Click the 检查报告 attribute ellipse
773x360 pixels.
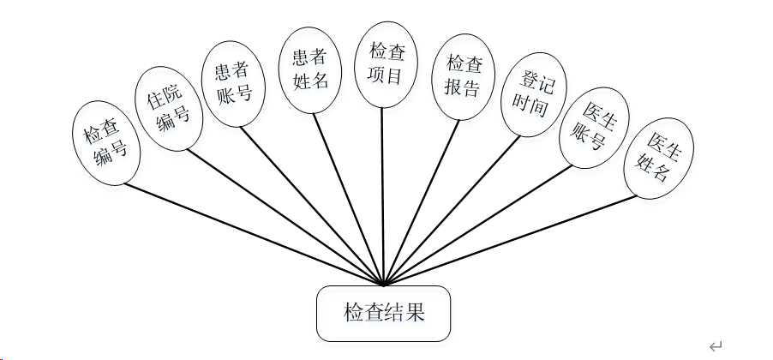click(463, 75)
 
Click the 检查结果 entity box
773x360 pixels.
click(383, 313)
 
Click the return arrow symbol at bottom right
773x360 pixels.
click(716, 345)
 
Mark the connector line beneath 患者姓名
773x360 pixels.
click(349, 198)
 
